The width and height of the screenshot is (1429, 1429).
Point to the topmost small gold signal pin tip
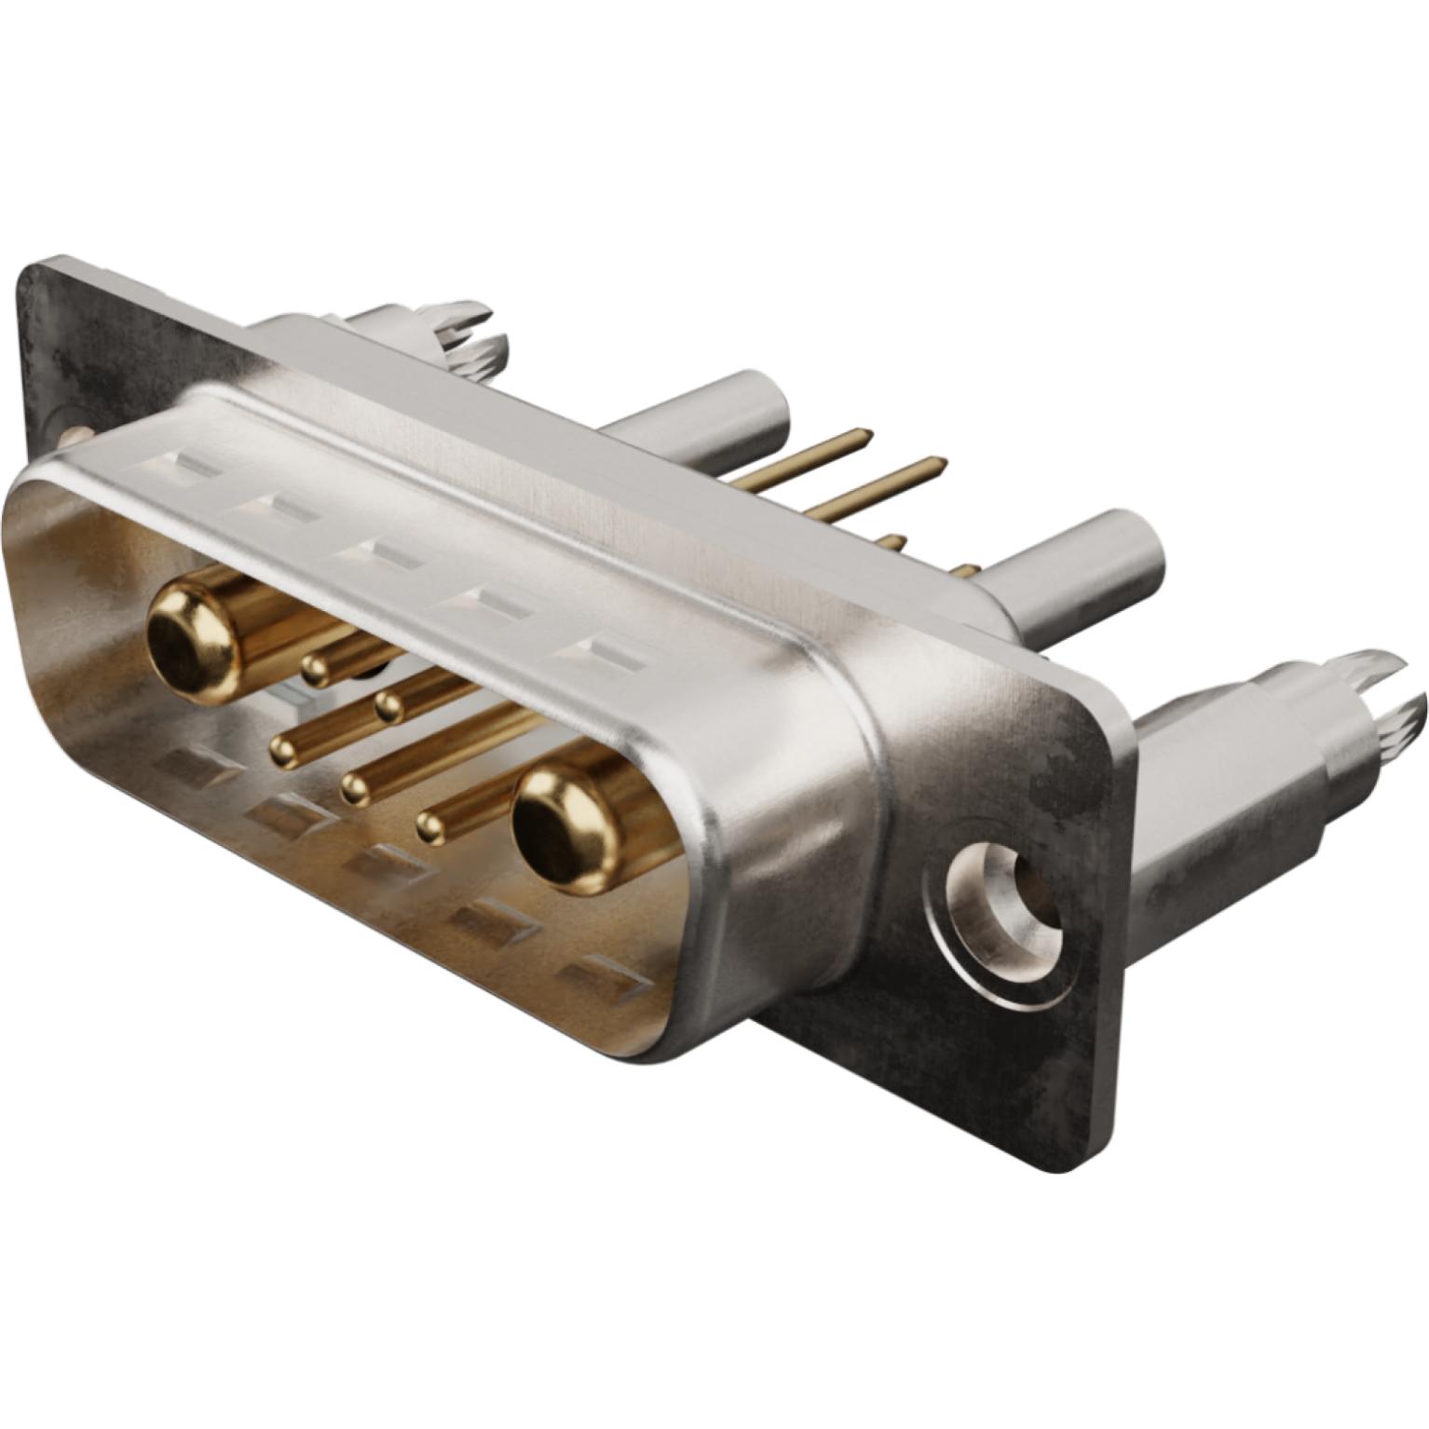316,667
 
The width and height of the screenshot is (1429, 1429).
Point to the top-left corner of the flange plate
34,270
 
